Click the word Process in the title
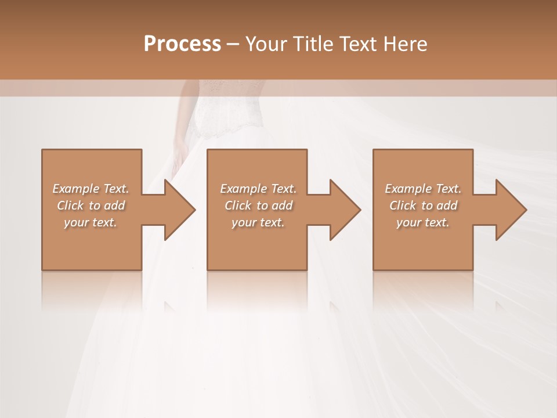182,44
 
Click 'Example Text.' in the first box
91,189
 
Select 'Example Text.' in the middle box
258,189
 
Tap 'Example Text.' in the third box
423,189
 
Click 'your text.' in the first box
91,222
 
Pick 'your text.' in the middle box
258,222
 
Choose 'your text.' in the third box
423,222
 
